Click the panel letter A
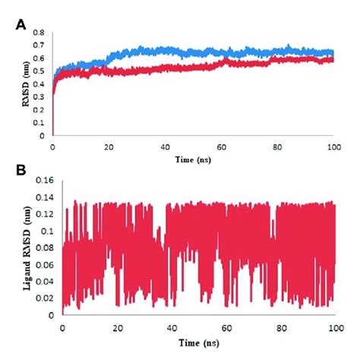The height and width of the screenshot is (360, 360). pos(21,25)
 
